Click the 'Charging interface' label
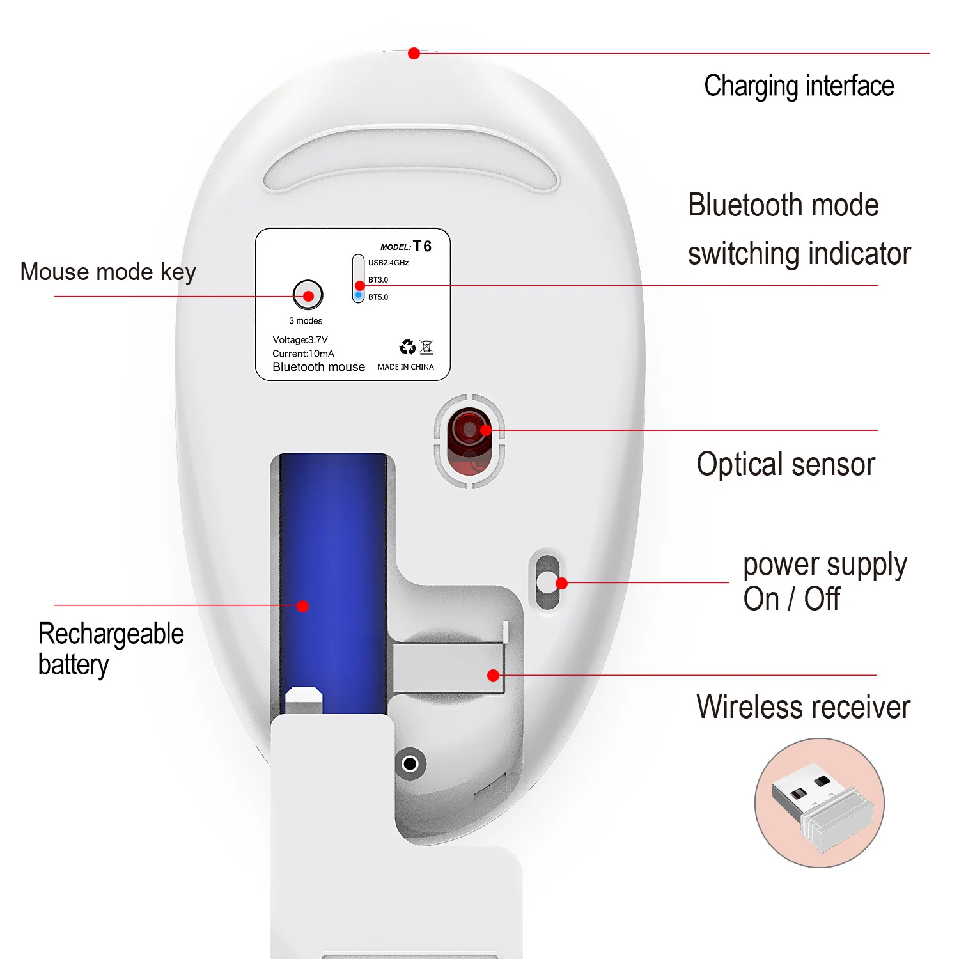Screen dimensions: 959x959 coord(799,86)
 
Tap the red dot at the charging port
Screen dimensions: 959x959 coord(414,54)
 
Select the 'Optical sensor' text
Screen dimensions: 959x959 coord(785,464)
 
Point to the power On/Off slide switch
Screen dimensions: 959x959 coord(547,582)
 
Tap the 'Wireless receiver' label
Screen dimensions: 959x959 coord(803,707)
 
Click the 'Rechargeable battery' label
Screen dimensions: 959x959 coord(110,649)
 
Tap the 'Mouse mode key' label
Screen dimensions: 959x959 coord(108,272)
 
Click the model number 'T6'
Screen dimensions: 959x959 coord(422,246)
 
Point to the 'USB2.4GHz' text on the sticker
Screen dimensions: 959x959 coord(388,263)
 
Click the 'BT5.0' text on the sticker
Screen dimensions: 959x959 coord(378,297)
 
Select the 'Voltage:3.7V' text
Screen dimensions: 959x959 coord(300,340)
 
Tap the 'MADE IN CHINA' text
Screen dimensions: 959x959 coord(405,367)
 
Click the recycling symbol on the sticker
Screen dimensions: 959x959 coord(407,347)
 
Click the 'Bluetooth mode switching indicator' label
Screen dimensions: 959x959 coord(799,229)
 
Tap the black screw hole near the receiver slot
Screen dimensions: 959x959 coord(410,763)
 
